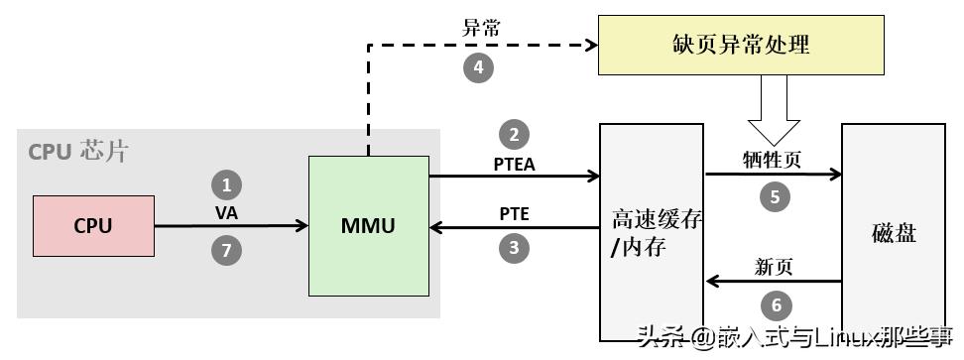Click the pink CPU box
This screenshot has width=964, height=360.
93,226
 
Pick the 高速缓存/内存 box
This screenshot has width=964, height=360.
652,233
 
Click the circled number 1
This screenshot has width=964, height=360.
226,184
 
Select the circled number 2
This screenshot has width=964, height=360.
514,135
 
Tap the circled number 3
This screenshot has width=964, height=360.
514,248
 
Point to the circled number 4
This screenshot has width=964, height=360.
479,67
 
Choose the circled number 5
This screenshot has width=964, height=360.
775,196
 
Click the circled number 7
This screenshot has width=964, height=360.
226,251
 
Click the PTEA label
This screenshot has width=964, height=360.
514,164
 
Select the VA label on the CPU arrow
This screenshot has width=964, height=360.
226,212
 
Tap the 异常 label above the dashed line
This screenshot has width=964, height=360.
481,28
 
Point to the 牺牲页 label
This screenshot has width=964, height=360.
773,159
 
